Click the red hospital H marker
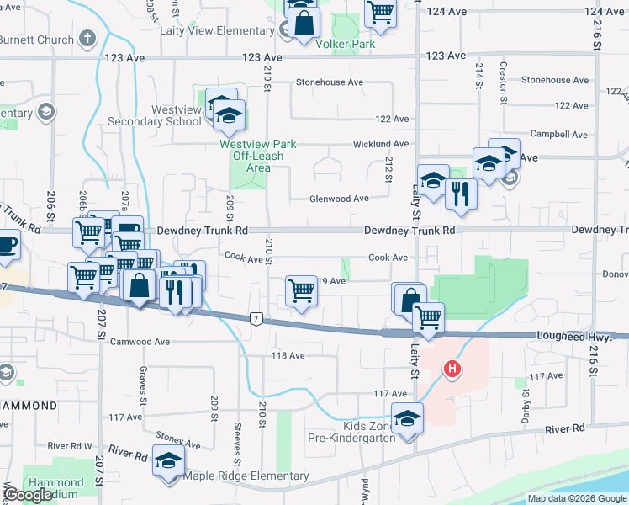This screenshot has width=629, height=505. [x=452, y=369]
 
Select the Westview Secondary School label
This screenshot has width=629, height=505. [x=154, y=115]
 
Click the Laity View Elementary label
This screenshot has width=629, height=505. [x=217, y=31]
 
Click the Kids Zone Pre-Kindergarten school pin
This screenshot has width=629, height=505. [x=407, y=418]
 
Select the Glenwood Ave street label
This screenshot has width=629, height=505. [x=339, y=199]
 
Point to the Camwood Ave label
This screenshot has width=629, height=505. [x=140, y=342]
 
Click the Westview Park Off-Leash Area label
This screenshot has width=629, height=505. [x=258, y=156]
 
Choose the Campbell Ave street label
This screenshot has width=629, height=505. [x=559, y=135]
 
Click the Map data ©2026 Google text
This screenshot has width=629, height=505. [x=577, y=498]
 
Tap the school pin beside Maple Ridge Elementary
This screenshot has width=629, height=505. [x=169, y=460]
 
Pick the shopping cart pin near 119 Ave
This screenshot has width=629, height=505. [x=302, y=291]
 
